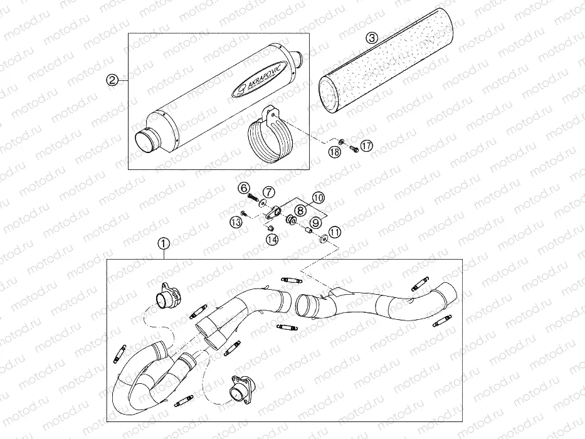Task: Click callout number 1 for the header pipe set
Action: [164, 243]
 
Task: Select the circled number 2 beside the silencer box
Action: [112, 80]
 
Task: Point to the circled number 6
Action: [244, 188]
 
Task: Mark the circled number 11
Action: [335, 232]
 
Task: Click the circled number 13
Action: [236, 223]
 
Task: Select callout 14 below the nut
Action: [272, 240]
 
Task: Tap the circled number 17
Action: [367, 145]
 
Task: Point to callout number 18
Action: [335, 152]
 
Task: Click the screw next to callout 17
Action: [354, 149]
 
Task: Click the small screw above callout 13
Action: [243, 213]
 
